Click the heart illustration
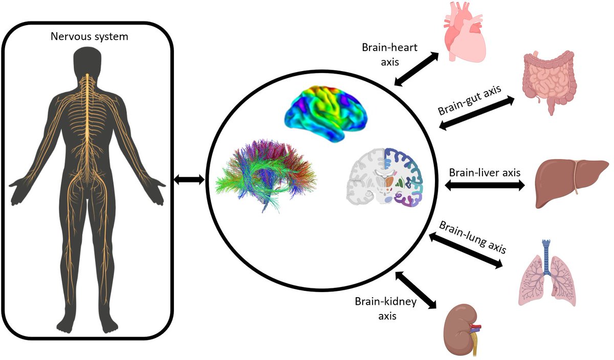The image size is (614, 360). tap(464, 33)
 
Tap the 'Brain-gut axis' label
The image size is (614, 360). tap(469, 101)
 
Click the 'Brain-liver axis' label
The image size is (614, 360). tap(485, 172)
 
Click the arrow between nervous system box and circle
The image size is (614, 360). tap(189, 179)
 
